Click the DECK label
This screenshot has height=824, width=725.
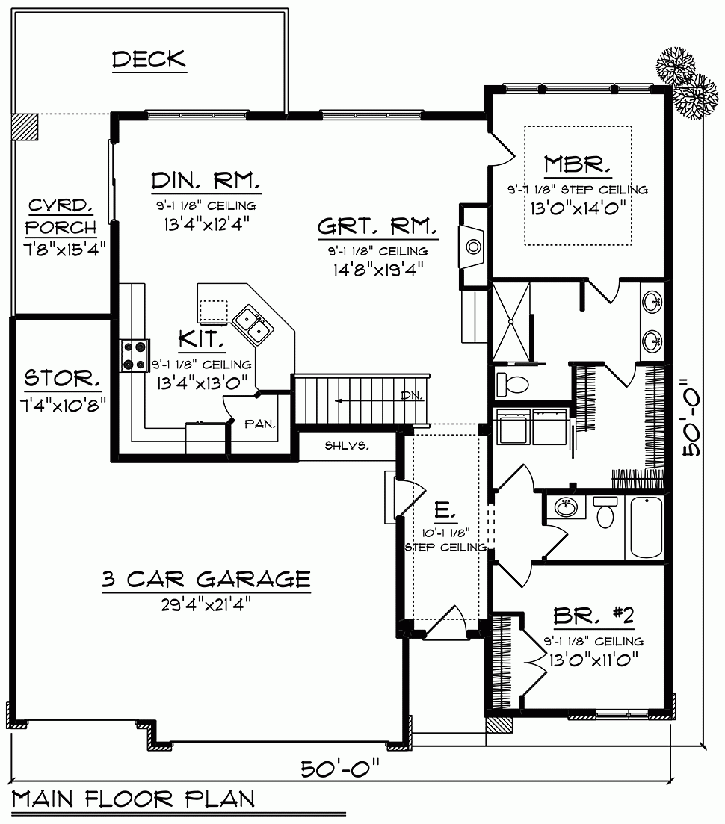point(149,60)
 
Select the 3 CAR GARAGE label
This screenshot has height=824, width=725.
point(206,579)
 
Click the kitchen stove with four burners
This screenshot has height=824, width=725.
point(135,355)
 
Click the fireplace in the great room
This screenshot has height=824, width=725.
point(472,244)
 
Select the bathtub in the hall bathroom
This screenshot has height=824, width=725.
point(646,527)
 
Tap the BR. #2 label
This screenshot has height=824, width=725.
point(593,616)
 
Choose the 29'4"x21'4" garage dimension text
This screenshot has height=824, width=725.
point(206,604)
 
